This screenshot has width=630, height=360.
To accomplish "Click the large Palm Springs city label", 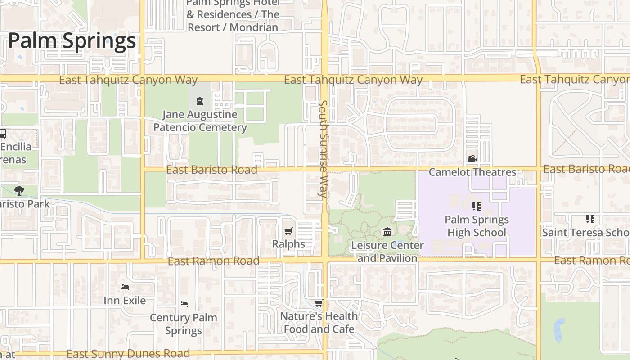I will point(72,41).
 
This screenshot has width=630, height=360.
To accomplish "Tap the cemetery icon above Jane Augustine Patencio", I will point(200,101).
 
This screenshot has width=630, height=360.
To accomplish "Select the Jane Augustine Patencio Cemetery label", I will point(200,121).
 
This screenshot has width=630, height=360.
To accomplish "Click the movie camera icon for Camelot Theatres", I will point(472,158).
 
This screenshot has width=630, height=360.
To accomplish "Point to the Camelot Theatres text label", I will point(472,172).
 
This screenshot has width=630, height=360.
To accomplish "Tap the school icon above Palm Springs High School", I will point(476,207).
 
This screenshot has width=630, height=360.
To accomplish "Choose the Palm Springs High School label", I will point(477,226).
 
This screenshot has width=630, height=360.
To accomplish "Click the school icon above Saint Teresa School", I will point(590,219).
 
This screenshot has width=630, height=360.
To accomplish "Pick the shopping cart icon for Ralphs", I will point(288,231).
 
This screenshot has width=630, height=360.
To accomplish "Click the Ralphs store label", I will point(288,244).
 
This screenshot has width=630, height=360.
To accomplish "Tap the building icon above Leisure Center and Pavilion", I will point(387,232).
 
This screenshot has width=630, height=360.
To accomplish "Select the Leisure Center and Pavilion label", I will point(387,252).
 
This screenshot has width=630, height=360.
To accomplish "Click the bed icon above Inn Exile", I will point(125,287).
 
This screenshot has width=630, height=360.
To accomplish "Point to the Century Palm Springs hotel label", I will point(183,324).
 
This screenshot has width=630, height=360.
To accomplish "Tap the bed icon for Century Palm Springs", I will point(183,304).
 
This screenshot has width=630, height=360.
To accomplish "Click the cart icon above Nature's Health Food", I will point(319,303).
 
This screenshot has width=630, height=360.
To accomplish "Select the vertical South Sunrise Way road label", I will point(323,149).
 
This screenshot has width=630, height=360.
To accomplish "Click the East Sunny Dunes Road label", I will point(128,354).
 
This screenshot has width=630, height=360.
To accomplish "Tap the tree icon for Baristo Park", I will point(19,190).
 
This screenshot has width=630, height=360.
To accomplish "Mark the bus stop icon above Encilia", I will point(2,134).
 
